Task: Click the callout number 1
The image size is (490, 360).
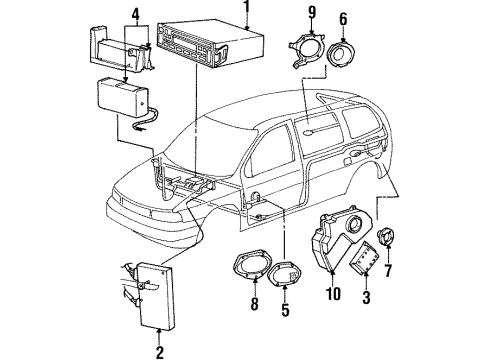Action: point(247,7)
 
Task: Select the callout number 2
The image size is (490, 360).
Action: point(160,352)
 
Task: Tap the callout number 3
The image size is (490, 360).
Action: point(366,297)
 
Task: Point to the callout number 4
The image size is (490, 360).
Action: point(136,14)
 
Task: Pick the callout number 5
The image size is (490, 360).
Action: point(285,309)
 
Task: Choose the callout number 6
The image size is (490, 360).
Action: point(343,19)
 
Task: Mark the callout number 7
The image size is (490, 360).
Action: point(388,270)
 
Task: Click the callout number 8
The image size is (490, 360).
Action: point(254,304)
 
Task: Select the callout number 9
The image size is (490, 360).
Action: point(312,12)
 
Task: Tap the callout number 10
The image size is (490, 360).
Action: point(333,293)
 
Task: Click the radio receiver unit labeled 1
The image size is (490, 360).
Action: point(210,44)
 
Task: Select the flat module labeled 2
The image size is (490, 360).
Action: point(157,295)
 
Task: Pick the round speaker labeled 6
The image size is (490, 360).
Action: point(341,54)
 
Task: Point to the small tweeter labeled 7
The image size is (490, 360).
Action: point(386,236)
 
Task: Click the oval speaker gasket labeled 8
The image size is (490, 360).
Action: point(251,265)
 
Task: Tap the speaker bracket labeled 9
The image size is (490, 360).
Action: point(307,49)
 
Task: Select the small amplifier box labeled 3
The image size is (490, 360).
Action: point(364,257)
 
